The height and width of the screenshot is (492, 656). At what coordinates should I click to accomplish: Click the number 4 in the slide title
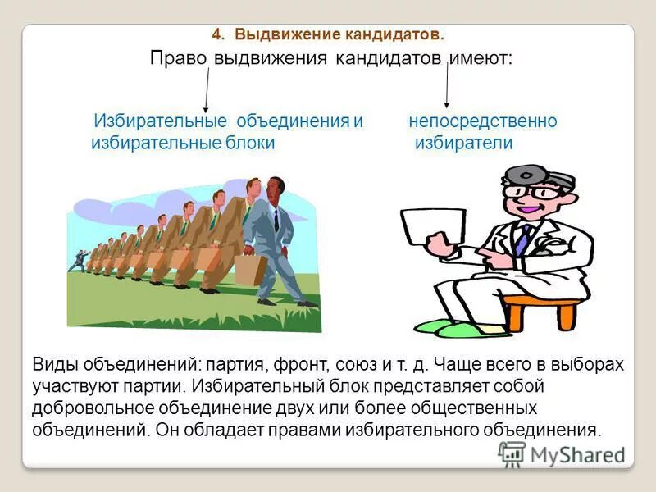coord(216,34)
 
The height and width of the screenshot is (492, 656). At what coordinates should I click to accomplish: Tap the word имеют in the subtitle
coord(477,60)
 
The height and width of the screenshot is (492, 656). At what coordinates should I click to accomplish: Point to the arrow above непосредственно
coord(446,86)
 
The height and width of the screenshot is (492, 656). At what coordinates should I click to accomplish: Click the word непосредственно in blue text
coord(483,121)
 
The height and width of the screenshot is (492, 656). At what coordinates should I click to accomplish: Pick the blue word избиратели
coord(463,143)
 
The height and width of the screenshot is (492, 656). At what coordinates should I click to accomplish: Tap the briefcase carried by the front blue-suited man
coord(248,269)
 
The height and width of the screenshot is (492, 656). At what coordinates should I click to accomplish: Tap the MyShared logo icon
coord(512,454)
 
